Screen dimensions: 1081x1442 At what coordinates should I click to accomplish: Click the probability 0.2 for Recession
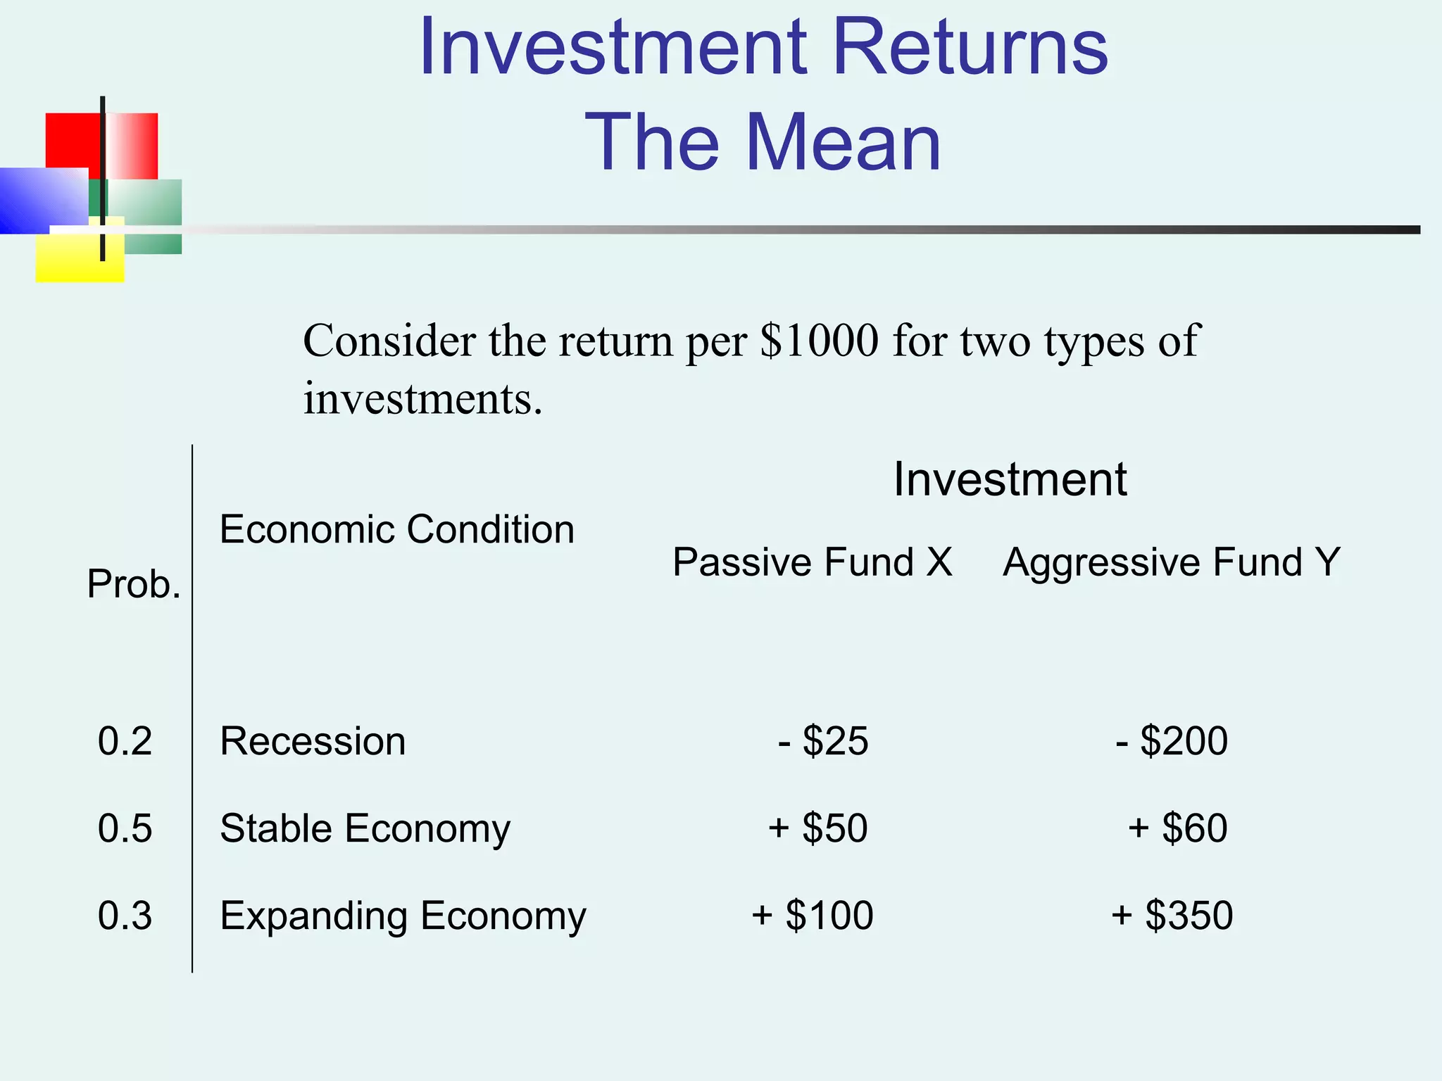click(125, 741)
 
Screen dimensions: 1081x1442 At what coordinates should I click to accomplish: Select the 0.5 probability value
click(125, 828)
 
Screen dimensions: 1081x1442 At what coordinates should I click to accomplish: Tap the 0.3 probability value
click(125, 916)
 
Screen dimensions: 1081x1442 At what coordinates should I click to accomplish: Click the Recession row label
click(313, 741)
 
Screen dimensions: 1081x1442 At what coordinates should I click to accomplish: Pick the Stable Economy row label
click(365, 828)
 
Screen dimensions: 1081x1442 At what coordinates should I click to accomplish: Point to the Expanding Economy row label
click(403, 916)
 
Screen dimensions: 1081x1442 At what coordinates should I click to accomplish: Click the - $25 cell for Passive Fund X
click(823, 741)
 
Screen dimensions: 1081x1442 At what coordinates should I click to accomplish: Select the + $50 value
click(817, 828)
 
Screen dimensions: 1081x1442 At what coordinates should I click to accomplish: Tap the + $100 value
click(813, 916)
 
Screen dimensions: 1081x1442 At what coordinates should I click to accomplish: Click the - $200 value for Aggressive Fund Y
click(1172, 741)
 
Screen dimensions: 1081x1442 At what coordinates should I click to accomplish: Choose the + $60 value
click(1178, 828)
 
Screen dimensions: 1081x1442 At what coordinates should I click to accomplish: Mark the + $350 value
click(1172, 916)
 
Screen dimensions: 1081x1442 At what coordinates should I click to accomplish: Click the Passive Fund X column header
click(813, 562)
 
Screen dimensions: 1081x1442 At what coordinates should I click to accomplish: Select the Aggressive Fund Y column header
click(1172, 562)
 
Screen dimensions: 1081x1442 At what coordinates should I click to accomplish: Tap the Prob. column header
click(134, 584)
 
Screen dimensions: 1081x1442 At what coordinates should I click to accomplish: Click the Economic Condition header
click(397, 529)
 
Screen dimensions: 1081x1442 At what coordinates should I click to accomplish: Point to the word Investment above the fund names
click(1010, 480)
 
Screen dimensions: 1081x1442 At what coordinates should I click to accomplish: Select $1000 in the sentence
click(820, 341)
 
